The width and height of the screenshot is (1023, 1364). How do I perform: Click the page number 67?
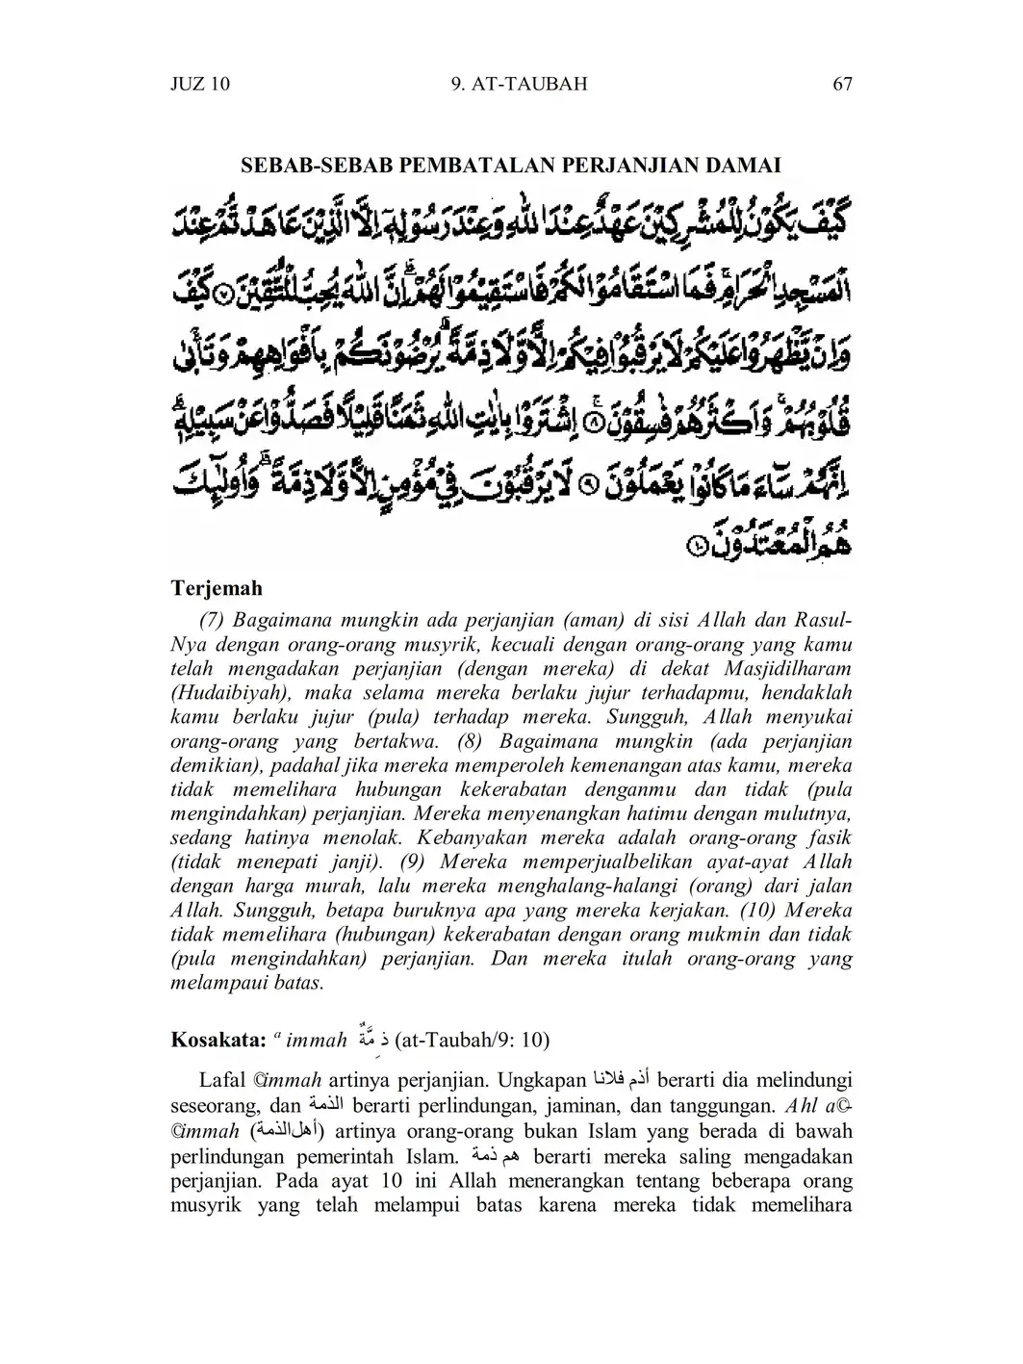(x=842, y=84)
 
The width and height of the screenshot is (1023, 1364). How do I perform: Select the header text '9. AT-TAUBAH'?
(x=519, y=84)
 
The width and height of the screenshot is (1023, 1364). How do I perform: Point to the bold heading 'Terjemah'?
(x=217, y=588)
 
